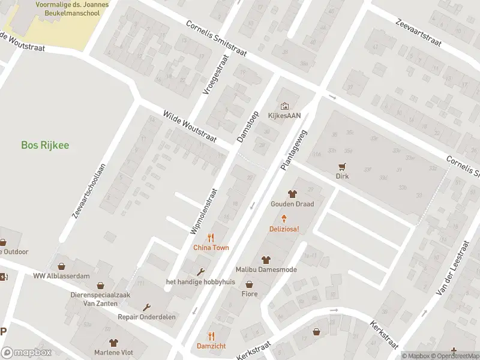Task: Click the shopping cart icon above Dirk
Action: coord(342,167)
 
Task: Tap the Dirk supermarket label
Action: coord(342,176)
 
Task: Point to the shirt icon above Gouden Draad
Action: coord(292,194)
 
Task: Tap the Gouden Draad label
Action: coord(292,203)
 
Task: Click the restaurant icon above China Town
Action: coord(210,238)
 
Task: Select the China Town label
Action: coord(210,247)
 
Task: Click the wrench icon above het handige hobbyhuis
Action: coord(200,272)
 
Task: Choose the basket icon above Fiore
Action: coord(249,285)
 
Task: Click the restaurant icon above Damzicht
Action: coord(211,336)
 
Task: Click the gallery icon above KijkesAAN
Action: coord(284,106)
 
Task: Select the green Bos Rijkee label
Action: coord(45,145)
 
